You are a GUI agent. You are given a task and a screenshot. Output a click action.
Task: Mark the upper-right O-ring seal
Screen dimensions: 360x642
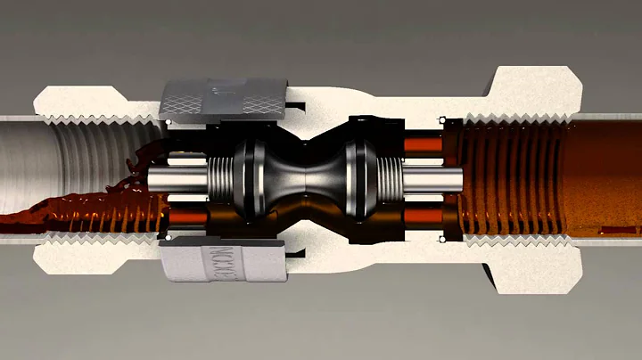440,120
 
